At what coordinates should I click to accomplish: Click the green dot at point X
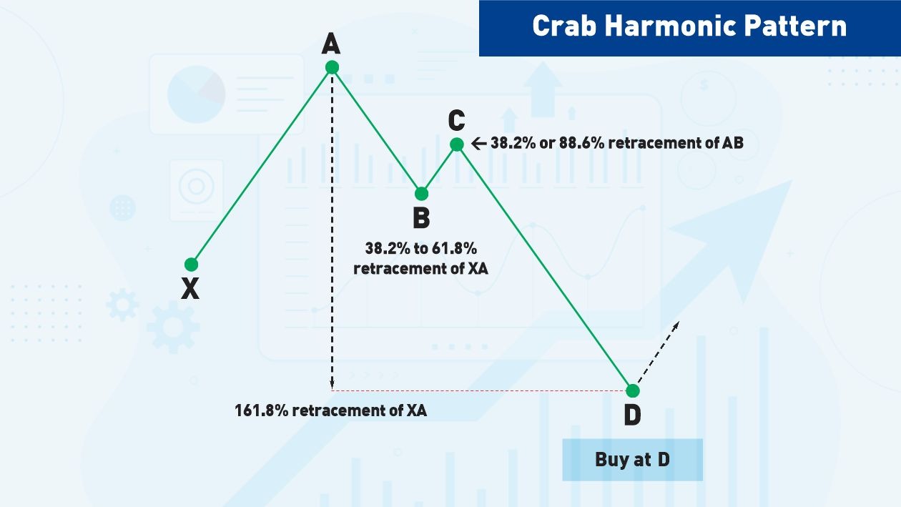coord(191,264)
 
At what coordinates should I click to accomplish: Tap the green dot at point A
coord(332,67)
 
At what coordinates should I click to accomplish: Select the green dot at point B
coord(422,193)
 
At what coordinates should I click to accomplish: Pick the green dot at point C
coord(457,144)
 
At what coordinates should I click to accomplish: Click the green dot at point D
coord(632,390)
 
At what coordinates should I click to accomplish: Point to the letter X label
coord(189,289)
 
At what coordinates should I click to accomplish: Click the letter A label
coord(330,44)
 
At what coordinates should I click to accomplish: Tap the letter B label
coord(421,218)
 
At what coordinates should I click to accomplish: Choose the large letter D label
coord(632,415)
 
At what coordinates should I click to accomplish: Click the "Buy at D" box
coord(632,459)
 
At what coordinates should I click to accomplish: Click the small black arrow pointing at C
coord(480,144)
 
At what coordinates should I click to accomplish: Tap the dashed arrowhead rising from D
coord(675,325)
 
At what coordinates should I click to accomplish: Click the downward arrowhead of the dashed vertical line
coord(333,386)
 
